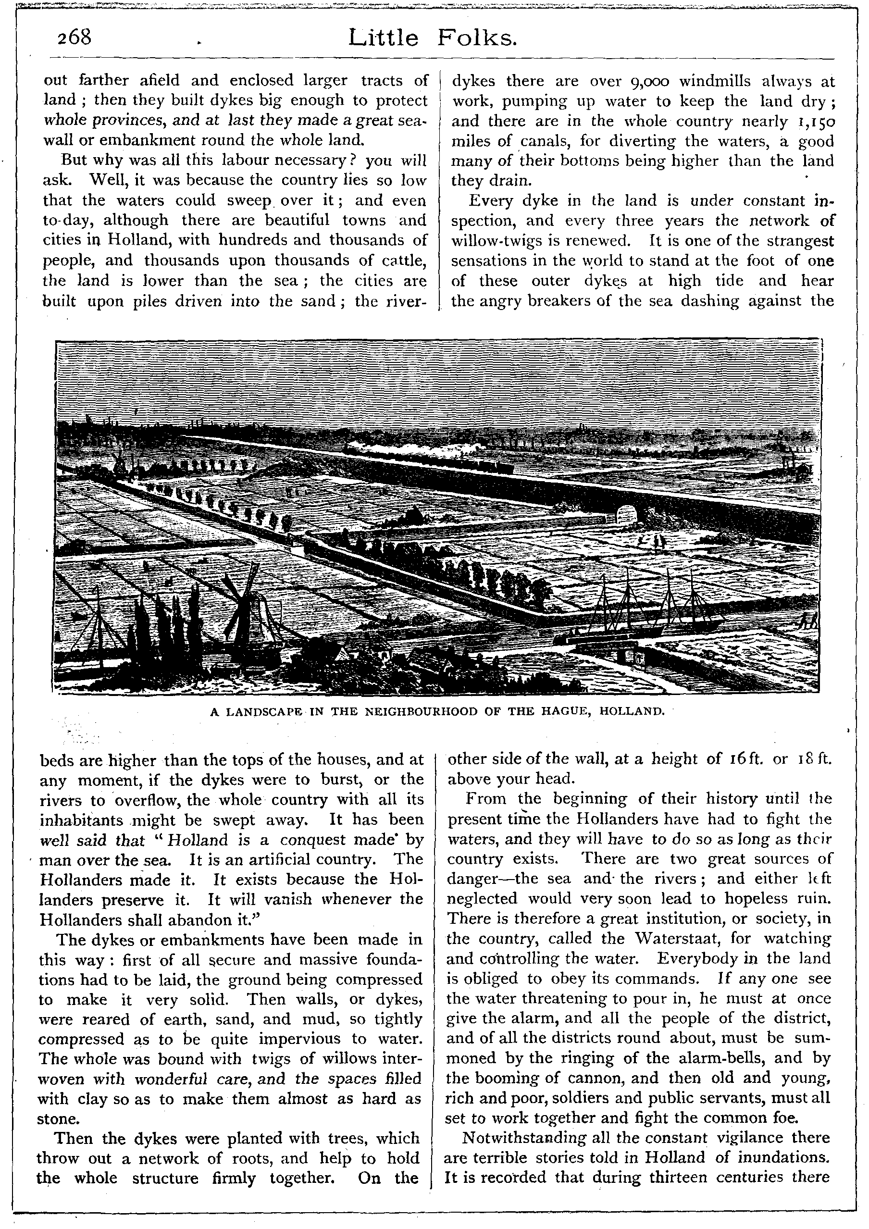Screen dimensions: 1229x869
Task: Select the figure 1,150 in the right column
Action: click(x=816, y=122)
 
